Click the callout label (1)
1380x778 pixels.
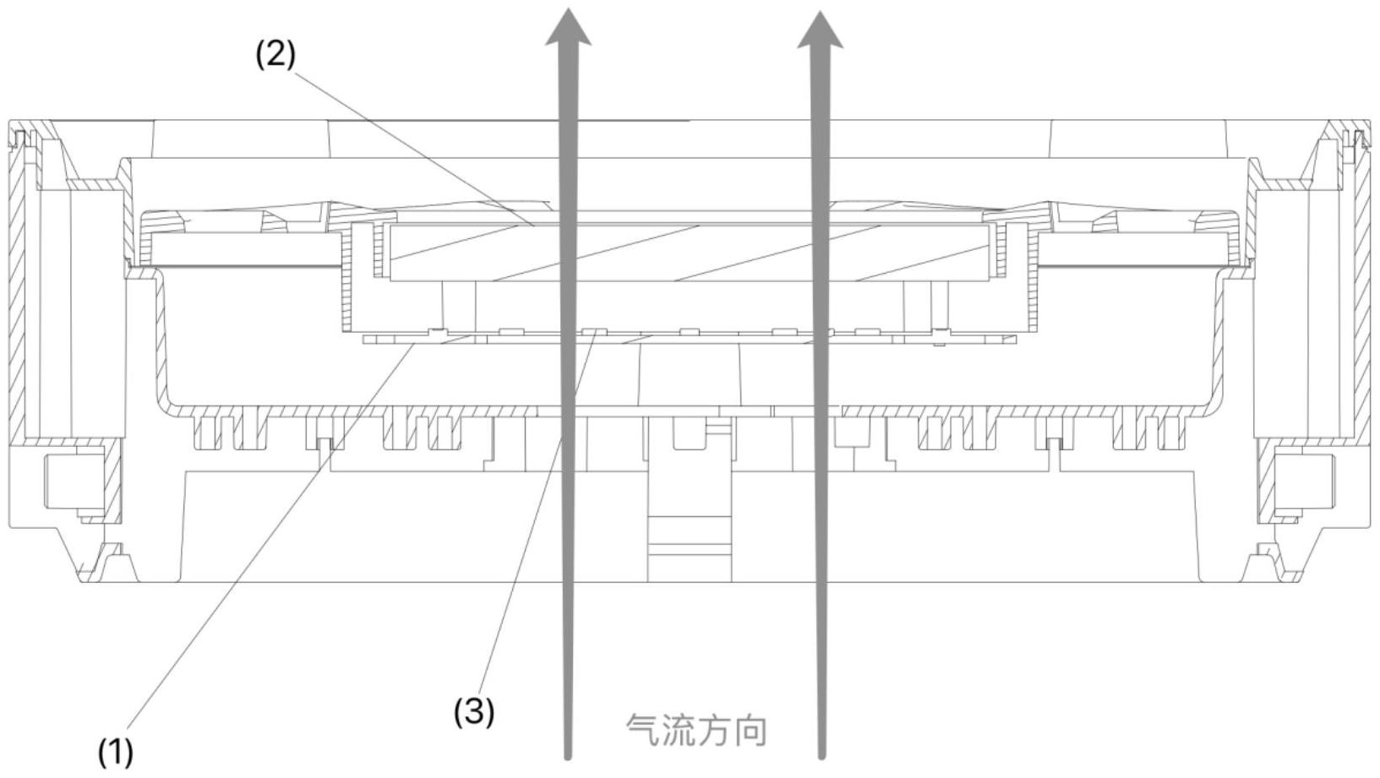tap(116, 752)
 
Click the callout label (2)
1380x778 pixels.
tap(276, 55)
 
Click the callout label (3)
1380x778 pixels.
tap(474, 712)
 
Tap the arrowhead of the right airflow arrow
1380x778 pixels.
tap(820, 29)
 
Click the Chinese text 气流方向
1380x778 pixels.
tap(697, 731)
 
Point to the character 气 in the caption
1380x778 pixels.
tap(643, 731)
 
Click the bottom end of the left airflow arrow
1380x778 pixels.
tap(567, 756)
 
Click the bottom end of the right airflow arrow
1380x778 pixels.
tap(821, 756)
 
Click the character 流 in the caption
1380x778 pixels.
tap(679, 731)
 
